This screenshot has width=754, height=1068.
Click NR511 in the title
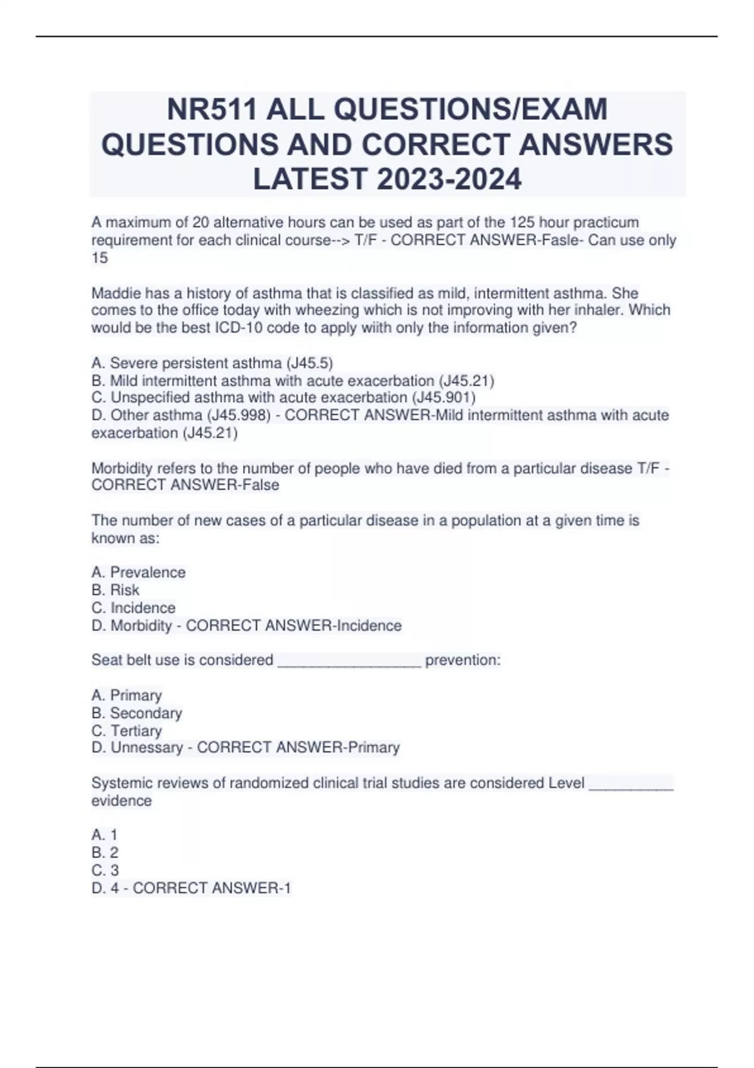point(212,110)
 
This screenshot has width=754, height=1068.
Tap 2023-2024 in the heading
point(449,178)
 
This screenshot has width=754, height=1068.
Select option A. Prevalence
point(138,572)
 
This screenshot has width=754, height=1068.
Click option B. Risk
point(116,590)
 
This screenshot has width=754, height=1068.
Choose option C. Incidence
point(133,608)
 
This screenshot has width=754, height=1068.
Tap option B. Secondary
point(136,713)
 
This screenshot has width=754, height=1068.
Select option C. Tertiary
point(127,731)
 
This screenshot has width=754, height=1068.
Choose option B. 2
point(105,853)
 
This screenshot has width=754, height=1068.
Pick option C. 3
point(105,870)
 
